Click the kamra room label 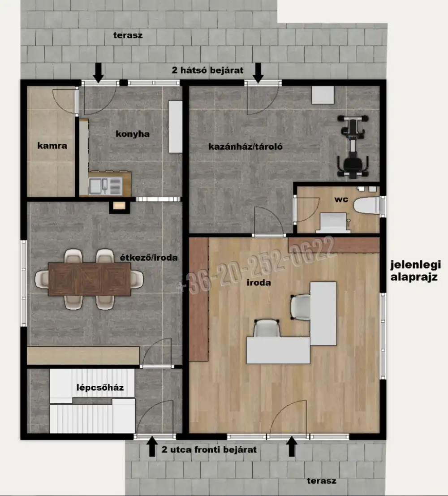(52, 146)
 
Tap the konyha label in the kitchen (133, 134)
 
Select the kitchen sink (105, 186)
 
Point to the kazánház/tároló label (246, 147)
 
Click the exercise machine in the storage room (353, 146)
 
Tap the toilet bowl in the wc (366, 205)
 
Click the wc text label (341, 199)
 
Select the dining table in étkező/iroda (90, 279)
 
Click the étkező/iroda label (149, 258)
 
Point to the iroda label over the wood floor (259, 282)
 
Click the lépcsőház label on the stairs (100, 388)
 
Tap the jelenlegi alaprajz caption (415, 271)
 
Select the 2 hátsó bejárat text (207, 70)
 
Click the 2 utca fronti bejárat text (209, 449)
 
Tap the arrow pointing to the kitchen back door (99, 73)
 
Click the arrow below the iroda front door (292, 446)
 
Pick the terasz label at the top (128, 35)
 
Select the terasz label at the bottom (322, 481)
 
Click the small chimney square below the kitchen (120, 206)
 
